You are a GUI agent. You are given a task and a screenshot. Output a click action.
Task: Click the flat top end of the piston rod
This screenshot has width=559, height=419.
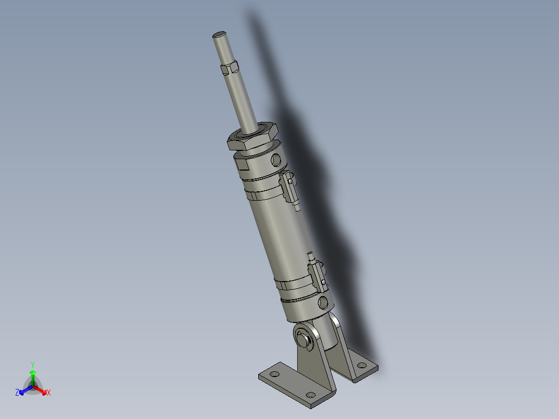coord(219,35)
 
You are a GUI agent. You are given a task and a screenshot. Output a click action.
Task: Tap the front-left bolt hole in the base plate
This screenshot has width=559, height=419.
coord(275,374)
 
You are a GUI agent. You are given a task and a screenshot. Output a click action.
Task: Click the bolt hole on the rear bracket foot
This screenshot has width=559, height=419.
coord(361,367)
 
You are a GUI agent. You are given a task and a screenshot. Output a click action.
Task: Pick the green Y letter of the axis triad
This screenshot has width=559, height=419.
coord(33,365)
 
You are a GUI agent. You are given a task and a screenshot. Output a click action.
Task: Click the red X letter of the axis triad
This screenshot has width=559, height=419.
coord(49,393)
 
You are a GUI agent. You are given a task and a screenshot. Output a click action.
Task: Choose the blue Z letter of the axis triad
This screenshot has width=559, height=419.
coord(17,393)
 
